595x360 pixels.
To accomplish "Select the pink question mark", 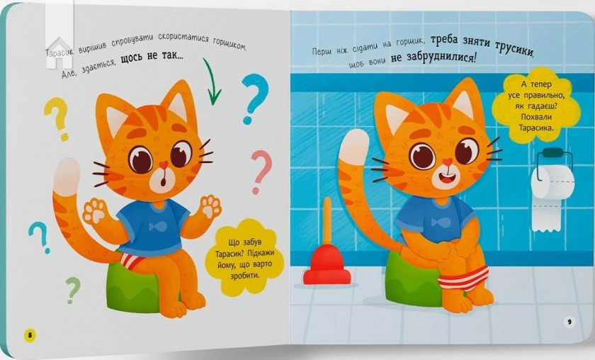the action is pos(262,171).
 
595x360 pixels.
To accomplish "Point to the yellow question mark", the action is pos(57,118).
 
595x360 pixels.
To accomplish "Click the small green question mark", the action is pos(73,289).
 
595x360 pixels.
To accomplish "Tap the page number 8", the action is pos(30,335).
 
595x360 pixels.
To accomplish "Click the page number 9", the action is pos(569,322).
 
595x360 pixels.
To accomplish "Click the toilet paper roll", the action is pos(551,190).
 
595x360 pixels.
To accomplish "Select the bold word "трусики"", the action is pos(515,50).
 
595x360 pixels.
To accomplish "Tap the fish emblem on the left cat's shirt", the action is pos(158,227).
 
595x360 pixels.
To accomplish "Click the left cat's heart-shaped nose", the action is pos(164,165).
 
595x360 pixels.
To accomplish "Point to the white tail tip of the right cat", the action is pos(354,145).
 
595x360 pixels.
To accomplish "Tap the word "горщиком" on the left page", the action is pos(229,44).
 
